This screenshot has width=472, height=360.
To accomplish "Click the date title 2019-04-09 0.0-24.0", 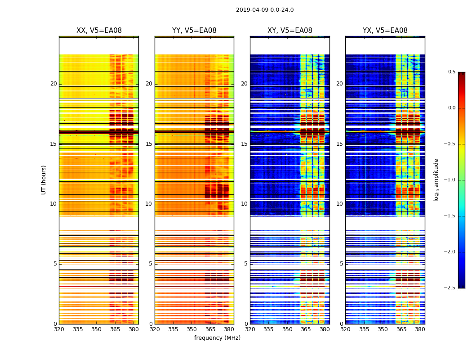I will (265, 10).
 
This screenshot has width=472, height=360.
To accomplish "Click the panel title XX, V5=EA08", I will (99, 31).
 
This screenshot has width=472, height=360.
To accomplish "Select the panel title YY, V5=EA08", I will (194, 31).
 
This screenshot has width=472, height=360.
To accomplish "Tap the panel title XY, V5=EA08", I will (289, 31).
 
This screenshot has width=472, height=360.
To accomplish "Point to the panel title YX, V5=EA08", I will (385, 31).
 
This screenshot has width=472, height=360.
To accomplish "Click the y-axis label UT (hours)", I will (44, 180).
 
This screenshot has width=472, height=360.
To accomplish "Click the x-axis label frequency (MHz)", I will (217, 338).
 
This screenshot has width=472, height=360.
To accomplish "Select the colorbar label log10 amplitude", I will (436, 180).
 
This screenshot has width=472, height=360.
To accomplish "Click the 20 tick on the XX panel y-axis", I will (53, 84).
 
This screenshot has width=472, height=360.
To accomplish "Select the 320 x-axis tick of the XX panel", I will (59, 329).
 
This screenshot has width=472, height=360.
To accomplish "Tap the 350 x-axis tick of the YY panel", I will (192, 329).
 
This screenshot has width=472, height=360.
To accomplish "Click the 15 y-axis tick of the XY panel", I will (245, 144).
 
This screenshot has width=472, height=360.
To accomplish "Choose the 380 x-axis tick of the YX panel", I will (420, 329).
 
